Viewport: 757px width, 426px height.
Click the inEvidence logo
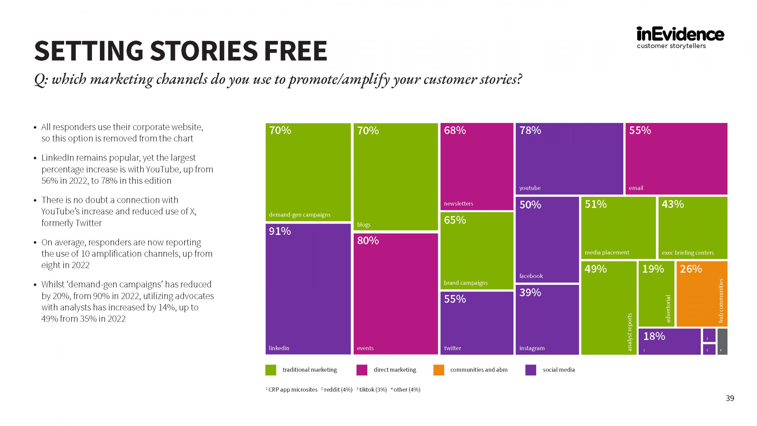[680, 34]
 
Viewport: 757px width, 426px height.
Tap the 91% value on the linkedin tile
[280, 231]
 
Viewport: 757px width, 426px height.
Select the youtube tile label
[530, 188]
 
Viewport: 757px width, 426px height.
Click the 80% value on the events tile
[368, 241]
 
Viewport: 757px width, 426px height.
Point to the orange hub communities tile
[701, 294]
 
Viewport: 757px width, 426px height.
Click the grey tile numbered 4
[722, 341]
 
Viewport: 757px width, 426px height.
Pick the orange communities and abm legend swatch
[439, 370]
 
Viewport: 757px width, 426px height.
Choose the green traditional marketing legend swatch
[271, 370]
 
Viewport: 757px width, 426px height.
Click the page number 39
[730, 398]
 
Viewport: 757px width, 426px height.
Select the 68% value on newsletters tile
[455, 130]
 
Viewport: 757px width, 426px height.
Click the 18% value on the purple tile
[654, 336]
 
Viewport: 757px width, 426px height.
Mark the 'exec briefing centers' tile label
[688, 253]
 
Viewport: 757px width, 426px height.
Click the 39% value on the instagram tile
[530, 292]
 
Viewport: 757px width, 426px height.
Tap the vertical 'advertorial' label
[668, 308]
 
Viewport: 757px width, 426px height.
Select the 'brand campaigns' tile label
[465, 283]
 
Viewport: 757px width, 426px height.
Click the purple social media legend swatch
[530, 370]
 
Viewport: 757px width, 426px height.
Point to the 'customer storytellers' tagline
[671, 46]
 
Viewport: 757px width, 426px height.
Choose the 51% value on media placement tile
[596, 204]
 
